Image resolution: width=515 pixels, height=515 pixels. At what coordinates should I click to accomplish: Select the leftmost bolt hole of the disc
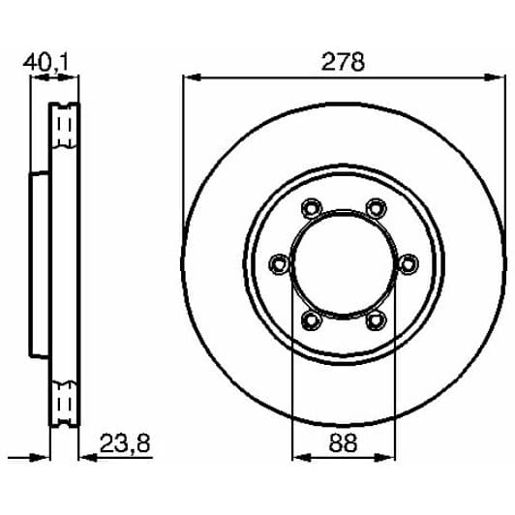[279, 262]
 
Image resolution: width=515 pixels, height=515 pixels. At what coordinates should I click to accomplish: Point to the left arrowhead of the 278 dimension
[189, 77]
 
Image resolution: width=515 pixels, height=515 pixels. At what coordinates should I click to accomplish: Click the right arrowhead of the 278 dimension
[499, 77]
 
